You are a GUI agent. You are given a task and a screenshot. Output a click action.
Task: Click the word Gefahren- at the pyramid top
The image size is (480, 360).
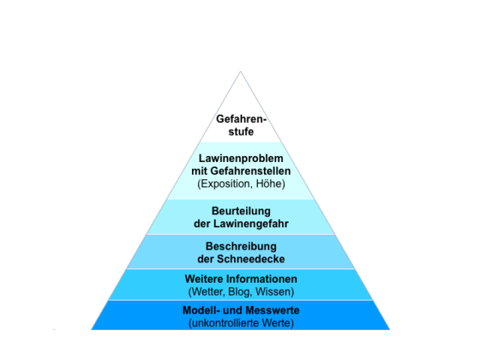241,118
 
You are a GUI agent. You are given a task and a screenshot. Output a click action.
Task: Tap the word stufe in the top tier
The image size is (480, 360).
241,132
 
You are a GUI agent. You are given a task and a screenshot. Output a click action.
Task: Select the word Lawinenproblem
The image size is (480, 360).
241,158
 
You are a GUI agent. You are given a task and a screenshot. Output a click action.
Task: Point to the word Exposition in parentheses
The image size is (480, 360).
225,184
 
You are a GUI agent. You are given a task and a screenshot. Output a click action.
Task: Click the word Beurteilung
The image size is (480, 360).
241,211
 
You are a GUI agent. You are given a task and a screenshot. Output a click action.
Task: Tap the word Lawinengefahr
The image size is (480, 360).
250,223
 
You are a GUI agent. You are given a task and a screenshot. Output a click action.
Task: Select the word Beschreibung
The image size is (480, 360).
241,246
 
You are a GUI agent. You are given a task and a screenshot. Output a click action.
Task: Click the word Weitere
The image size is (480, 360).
203,279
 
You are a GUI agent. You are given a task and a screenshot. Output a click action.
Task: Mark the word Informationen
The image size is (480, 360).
261,279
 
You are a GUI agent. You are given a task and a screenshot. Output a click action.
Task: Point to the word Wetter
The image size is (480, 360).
207,292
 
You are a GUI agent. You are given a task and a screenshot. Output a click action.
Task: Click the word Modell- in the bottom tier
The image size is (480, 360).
201,310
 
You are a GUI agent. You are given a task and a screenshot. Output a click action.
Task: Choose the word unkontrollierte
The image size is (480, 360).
226,323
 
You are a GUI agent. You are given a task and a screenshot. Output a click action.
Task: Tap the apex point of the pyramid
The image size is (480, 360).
241,72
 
